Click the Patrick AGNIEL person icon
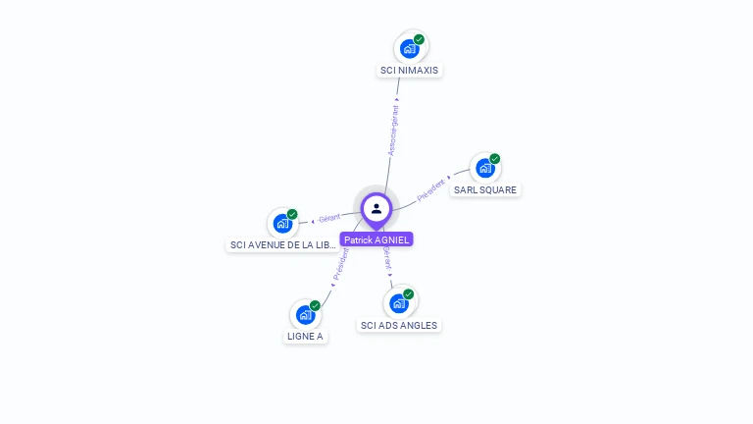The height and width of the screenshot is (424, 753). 376,208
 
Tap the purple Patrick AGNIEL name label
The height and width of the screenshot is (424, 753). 376,239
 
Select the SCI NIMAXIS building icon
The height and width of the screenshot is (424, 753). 409,48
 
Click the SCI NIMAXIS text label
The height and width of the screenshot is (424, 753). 411,71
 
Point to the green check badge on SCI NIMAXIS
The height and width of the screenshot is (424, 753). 420,39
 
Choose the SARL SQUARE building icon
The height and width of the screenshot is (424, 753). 484,168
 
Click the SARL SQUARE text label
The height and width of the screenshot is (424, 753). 485,189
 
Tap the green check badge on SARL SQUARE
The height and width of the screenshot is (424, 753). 495,158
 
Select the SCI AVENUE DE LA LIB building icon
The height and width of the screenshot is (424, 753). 282,223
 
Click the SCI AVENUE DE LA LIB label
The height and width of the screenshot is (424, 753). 282,244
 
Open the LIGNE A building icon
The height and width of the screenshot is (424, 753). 305,315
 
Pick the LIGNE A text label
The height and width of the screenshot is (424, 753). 305,336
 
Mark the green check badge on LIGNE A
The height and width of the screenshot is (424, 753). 315,305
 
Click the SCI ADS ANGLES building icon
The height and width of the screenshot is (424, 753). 398,302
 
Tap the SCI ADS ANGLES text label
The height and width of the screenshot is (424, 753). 399,325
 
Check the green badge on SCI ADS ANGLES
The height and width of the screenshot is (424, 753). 409,293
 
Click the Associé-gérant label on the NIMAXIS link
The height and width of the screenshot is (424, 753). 393,131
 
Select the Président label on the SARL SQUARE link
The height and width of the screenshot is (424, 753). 431,190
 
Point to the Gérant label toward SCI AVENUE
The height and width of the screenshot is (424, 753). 329,218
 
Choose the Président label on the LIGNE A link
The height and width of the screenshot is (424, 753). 340,264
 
